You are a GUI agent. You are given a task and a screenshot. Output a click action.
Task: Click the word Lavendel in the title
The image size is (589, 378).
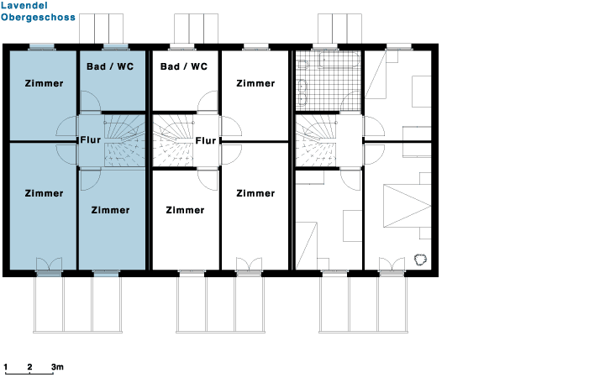[24, 6]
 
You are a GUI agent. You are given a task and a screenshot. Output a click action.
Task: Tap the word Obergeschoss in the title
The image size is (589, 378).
[38, 18]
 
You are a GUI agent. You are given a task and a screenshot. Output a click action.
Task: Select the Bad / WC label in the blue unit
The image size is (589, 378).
[110, 66]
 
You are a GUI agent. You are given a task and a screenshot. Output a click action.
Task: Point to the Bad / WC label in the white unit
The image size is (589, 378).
[184, 66]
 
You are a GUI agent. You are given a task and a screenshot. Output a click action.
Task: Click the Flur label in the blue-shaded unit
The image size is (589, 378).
[91, 140]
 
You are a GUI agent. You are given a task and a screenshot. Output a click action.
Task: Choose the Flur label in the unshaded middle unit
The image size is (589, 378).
[206, 141]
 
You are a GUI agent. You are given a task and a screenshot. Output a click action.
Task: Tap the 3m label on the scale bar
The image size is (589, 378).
[57, 367]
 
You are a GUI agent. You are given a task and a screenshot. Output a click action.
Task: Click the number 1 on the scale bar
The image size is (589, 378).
[6, 367]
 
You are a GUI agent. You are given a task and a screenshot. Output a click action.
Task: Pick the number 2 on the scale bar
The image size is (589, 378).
[29, 367]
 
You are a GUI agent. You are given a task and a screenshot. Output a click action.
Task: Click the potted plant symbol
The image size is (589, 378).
[420, 260]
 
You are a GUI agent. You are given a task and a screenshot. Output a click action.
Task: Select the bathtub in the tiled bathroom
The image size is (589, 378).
[339, 60]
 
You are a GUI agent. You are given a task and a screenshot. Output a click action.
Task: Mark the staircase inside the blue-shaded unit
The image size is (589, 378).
[124, 140]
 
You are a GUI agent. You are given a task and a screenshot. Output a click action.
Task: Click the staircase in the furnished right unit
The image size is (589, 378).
[316, 140]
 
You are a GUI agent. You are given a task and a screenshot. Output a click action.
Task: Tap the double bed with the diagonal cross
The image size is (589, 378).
[408, 206]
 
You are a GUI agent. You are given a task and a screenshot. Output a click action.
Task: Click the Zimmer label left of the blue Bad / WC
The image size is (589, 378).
[44, 83]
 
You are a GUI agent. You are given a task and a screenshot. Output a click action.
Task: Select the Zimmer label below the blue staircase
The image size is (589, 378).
[110, 210]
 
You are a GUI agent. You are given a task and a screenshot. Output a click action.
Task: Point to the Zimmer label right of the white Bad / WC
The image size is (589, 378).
[255, 83]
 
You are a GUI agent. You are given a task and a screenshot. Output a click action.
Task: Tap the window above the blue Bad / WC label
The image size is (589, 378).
[116, 47]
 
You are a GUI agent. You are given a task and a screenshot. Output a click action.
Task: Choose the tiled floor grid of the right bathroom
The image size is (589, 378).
[329, 81]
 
